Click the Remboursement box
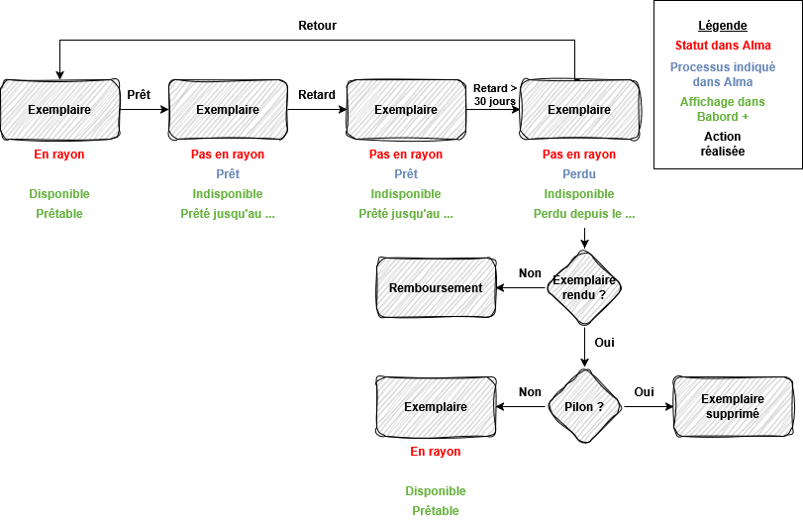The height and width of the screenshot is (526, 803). [436, 288]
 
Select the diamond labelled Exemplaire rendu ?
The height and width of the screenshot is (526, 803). [584, 287]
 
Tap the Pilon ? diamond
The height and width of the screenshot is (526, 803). [584, 406]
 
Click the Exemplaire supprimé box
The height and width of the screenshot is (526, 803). [733, 406]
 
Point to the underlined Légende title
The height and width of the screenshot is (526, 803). [723, 26]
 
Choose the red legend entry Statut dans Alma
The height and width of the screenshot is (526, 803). [723, 46]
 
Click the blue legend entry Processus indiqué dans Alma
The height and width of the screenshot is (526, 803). [723, 74]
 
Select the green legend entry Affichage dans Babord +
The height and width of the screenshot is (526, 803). [723, 109]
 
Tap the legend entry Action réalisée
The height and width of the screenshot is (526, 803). [723, 145]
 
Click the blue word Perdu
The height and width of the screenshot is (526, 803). [579, 174]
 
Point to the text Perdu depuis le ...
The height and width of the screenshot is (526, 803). [584, 214]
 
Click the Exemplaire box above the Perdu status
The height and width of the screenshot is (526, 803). [580, 110]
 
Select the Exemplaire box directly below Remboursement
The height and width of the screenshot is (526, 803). [436, 406]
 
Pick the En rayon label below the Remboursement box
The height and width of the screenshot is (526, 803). [436, 452]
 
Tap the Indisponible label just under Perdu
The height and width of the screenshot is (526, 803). [579, 194]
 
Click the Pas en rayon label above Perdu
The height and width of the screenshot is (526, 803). [579, 155]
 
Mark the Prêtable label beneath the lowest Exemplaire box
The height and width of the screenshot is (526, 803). [436, 511]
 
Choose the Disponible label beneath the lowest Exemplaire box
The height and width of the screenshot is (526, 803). [436, 491]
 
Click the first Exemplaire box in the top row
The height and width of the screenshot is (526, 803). [59, 110]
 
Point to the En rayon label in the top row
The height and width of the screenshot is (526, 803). [59, 155]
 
